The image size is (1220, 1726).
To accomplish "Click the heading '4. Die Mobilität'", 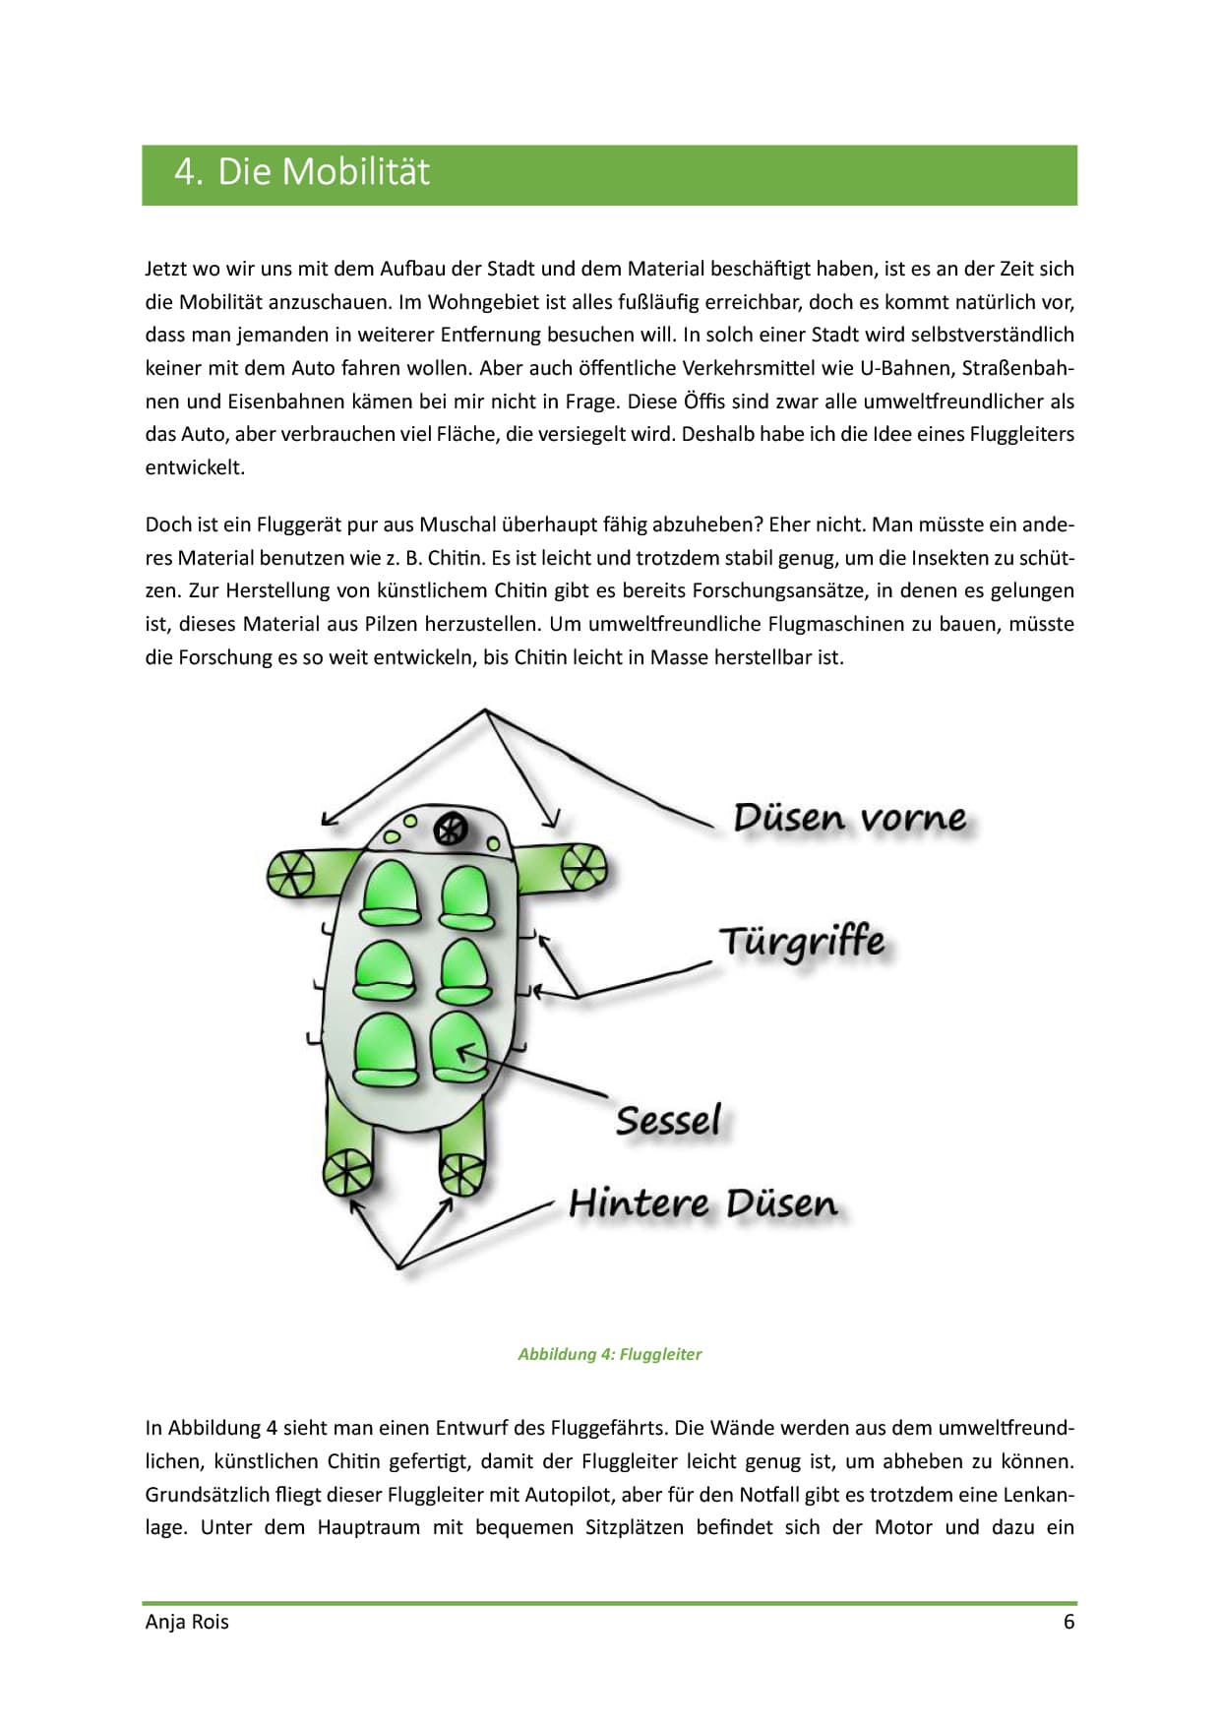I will (x=302, y=172).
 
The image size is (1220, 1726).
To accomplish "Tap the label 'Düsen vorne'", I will (x=849, y=818).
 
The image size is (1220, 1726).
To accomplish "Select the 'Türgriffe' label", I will (x=802, y=942).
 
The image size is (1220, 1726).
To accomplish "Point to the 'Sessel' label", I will (x=668, y=1120).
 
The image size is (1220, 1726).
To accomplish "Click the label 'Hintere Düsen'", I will (x=702, y=1203).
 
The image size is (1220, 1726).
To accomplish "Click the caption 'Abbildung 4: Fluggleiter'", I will (x=609, y=1354).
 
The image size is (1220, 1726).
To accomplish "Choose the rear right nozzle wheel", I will (x=460, y=1173).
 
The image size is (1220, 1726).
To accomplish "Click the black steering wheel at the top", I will (x=451, y=830).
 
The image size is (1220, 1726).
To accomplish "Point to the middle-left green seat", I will (x=386, y=973).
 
